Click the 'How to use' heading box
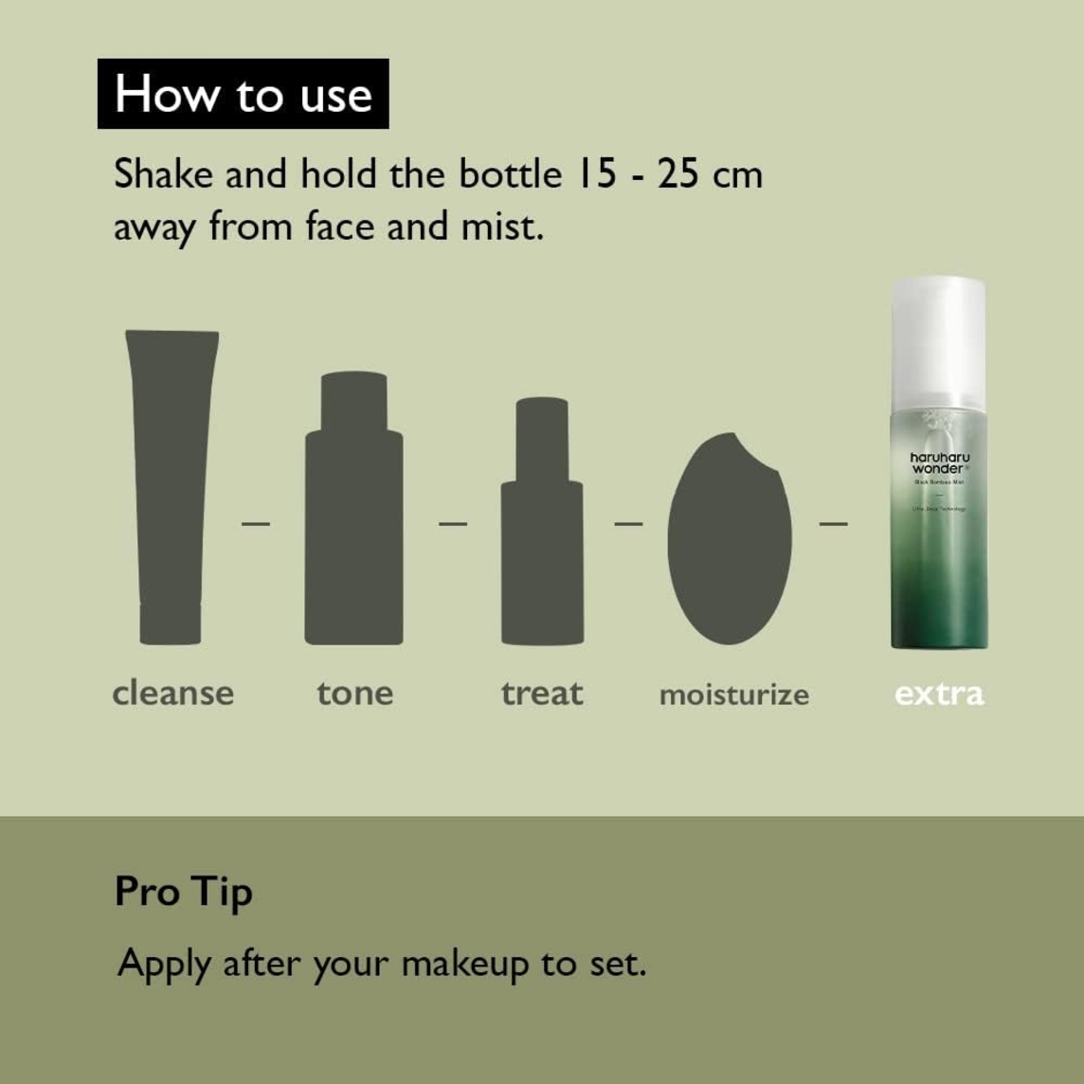point(243,94)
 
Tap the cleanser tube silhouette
point(171,483)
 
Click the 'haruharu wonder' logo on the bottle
point(939,462)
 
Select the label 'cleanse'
point(172,693)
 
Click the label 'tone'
point(354,693)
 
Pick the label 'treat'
point(542,693)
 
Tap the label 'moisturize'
point(733,695)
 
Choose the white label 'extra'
point(939,694)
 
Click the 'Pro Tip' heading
point(184,892)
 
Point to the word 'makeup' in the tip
point(465,964)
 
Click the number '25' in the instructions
point(678,174)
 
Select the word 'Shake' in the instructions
point(164,174)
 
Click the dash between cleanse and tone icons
point(256,522)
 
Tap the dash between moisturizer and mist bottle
point(833,522)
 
